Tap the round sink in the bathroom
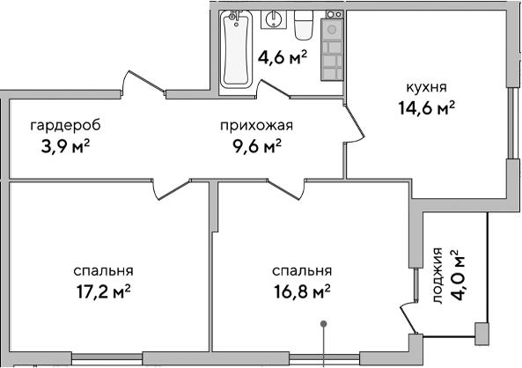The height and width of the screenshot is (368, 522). [275, 20]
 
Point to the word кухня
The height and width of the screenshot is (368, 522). [426, 88]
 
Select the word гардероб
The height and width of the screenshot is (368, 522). [60, 124]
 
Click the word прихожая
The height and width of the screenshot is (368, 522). [255, 124]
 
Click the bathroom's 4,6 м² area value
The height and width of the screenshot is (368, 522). [282, 59]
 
